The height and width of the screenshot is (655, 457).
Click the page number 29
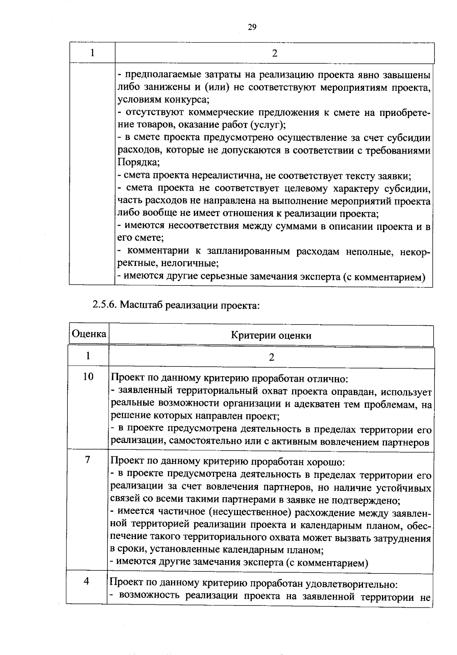(252, 27)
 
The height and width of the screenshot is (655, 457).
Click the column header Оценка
(89, 334)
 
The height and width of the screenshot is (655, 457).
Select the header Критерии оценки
(271, 336)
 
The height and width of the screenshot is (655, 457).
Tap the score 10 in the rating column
(88, 377)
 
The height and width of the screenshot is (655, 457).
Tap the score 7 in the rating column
(88, 460)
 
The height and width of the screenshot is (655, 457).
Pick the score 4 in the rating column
(86, 581)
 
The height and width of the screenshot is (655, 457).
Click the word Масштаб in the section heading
(142, 305)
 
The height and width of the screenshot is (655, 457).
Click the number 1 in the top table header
(93, 53)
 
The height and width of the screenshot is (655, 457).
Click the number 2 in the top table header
(275, 54)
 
